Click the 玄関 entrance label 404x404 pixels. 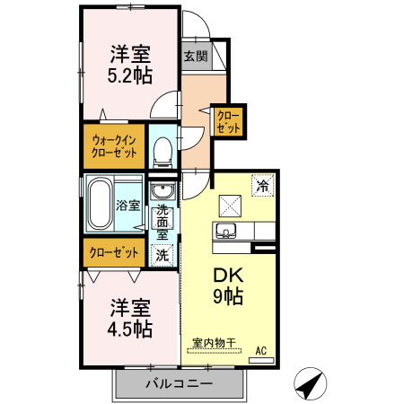(196, 56)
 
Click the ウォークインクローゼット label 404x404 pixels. (115, 146)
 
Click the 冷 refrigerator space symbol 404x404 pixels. (263, 186)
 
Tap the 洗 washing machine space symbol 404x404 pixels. (162, 254)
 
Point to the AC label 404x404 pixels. (261, 349)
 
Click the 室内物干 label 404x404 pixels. (214, 343)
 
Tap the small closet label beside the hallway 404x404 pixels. (229, 120)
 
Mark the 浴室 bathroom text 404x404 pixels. (128, 205)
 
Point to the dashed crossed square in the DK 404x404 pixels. (227, 204)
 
